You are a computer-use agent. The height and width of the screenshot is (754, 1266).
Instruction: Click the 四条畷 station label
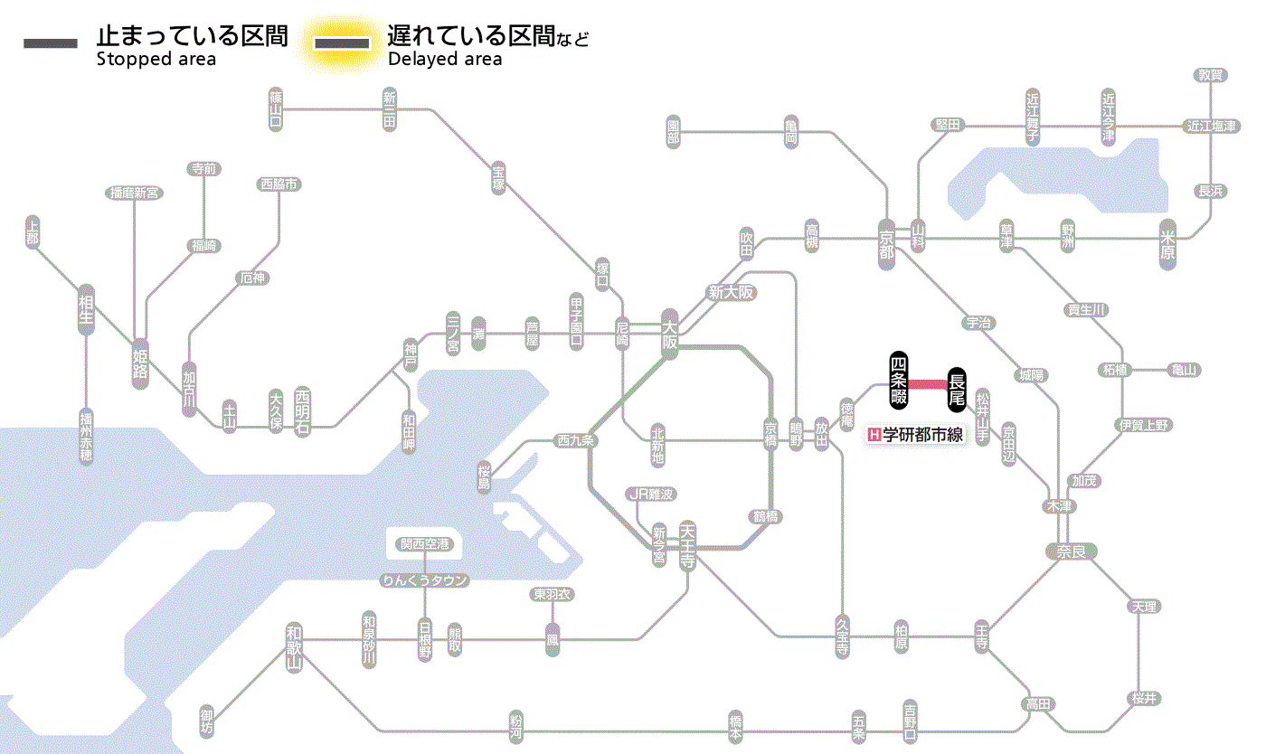pos(899,380)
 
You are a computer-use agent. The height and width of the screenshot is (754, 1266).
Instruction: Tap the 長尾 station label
pos(957,388)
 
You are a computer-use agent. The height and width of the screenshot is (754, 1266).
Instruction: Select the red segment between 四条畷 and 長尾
pos(928,384)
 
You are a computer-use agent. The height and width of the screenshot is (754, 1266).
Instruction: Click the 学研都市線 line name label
pos(916,435)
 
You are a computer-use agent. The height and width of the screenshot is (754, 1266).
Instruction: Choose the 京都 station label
pos(886,240)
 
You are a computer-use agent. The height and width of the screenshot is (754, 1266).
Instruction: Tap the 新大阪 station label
pos(732,293)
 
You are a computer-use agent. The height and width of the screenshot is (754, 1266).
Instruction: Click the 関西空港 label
pos(424,544)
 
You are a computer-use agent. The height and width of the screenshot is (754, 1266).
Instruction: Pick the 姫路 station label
pos(140,363)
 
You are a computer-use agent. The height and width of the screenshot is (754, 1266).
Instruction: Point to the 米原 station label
pos(1169,243)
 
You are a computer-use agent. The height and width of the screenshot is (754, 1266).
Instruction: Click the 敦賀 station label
pos(1211,75)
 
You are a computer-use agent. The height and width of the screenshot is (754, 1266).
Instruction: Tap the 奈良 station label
pos(1071,551)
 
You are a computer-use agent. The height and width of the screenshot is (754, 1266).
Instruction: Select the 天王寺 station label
pos(687,546)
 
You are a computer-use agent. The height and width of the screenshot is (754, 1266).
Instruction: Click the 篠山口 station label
pos(277,108)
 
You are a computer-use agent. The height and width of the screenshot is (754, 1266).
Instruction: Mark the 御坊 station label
pos(207,720)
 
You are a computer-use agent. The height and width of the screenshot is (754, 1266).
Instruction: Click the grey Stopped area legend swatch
pos(50,42)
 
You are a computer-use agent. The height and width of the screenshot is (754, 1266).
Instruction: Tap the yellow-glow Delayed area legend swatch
pos(343,42)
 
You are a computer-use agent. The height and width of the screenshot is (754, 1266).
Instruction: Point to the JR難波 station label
pos(651,494)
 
